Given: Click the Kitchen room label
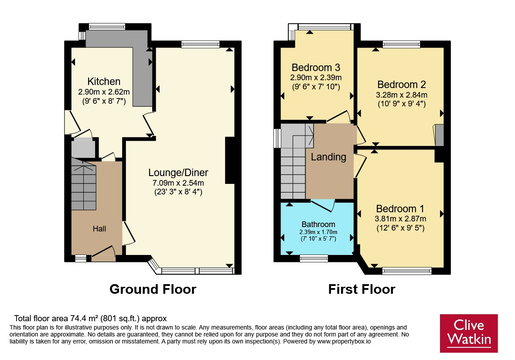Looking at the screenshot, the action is (104, 82).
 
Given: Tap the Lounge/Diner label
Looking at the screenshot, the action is (178, 173).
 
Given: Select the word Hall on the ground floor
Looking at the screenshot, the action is (99, 229).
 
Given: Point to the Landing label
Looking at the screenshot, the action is (328, 157).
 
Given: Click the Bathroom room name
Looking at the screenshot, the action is (318, 224).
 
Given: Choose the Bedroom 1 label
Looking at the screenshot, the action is (400, 209).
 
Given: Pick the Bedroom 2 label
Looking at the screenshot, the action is (401, 85).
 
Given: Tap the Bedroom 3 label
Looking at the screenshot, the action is (316, 68).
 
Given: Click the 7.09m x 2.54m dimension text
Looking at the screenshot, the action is (178, 183).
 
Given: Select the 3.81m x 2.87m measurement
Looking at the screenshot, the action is (400, 219).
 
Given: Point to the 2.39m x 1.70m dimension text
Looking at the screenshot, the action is (318, 232).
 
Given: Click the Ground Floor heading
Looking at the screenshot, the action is (153, 289).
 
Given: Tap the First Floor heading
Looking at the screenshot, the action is (362, 289).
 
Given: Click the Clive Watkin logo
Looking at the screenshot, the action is (469, 333).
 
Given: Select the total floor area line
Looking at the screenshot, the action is (90, 318).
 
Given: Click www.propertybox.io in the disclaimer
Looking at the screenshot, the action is (344, 341).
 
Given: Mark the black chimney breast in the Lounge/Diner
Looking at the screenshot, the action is (230, 160).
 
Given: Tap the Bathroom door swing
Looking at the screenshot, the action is (323, 205).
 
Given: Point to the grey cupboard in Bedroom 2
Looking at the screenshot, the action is (440, 135).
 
